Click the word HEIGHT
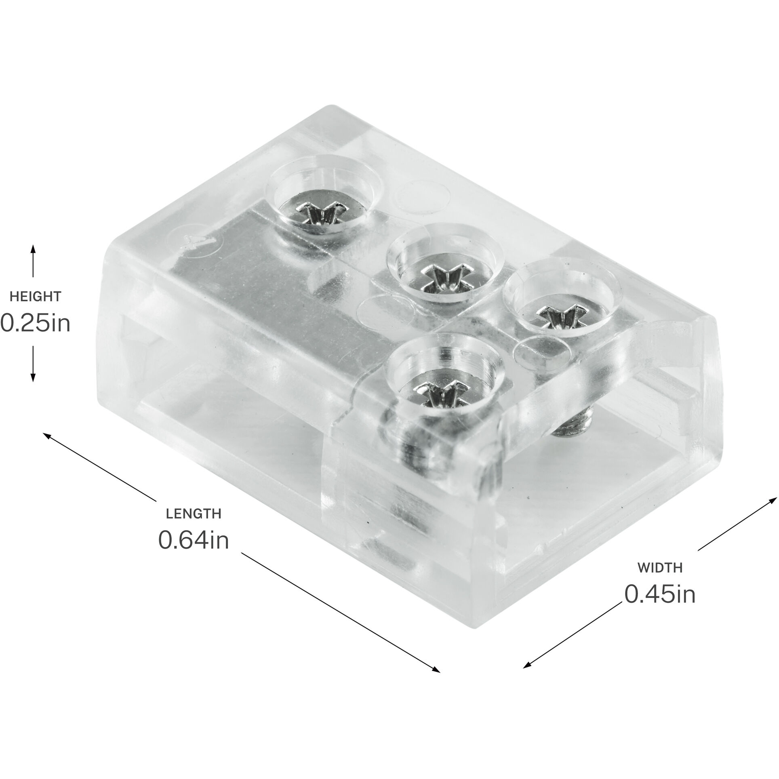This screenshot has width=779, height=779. click(x=35, y=297)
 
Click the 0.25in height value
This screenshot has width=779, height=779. click(x=35, y=324)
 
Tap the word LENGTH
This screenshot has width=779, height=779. click(x=194, y=514)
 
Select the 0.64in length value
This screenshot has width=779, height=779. click(x=194, y=540)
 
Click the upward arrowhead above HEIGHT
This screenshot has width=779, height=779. click(x=33, y=248)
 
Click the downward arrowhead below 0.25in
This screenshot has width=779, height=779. click(x=33, y=379)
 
